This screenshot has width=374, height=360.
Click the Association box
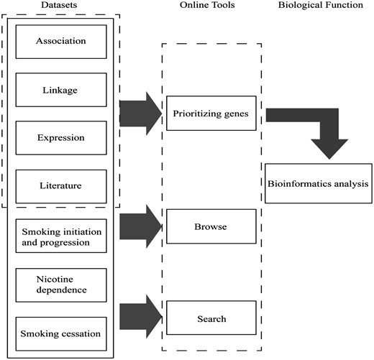[x=60, y=42]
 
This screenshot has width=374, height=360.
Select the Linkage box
[x=60, y=90]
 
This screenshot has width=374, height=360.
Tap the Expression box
[x=60, y=137]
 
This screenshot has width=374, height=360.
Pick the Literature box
[x=60, y=186]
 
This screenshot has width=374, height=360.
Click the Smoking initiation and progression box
[x=60, y=236]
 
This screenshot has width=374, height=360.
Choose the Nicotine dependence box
[x=60, y=285]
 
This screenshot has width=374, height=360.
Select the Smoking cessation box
[x=60, y=333]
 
